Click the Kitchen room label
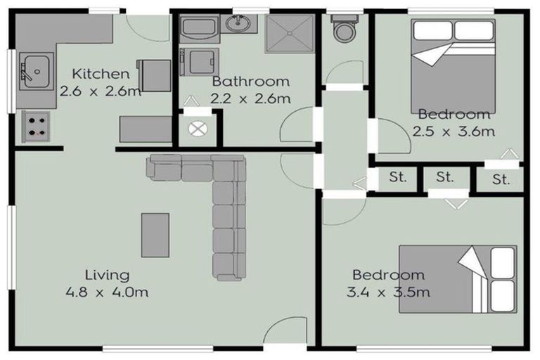101,74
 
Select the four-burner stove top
37,127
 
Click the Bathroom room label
251,82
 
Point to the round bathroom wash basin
238,23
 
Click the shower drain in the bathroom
290,34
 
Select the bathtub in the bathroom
199,27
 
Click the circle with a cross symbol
198,129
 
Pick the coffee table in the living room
155,236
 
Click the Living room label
107,275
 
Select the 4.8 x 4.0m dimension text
107,292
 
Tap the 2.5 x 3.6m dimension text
454,131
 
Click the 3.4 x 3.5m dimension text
388,292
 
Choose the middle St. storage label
444,177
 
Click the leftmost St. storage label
398,177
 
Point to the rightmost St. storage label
501,179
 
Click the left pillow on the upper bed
433,30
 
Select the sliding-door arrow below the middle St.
456,204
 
